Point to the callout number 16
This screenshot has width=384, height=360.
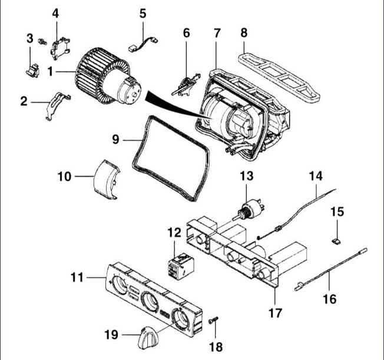click(330, 299)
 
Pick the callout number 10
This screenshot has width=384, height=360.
click(65, 176)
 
